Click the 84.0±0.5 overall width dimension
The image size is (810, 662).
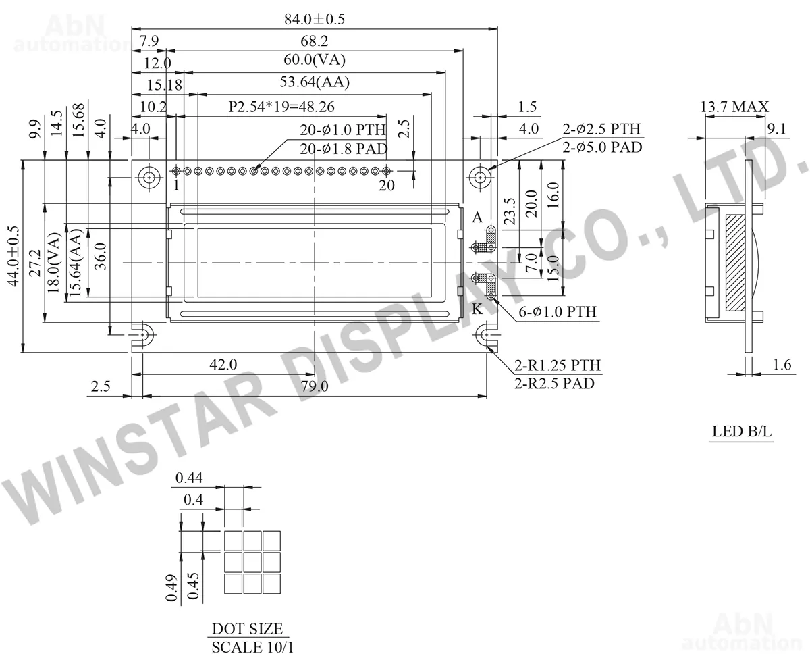pyautogui.click(x=314, y=19)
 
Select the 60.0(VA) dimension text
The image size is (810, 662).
pyautogui.click(x=314, y=59)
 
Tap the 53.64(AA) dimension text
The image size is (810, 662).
pyautogui.click(x=314, y=82)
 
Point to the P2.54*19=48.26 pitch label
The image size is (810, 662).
pyautogui.click(x=281, y=107)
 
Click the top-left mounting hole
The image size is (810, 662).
pyautogui.click(x=149, y=178)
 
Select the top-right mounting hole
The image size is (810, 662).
pyautogui.click(x=479, y=178)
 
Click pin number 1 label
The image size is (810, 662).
pyautogui.click(x=176, y=185)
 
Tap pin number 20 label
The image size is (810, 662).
pyautogui.click(x=386, y=185)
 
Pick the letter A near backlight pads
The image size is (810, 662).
pyautogui.click(x=477, y=218)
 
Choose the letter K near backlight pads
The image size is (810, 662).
pyautogui.click(x=477, y=309)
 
